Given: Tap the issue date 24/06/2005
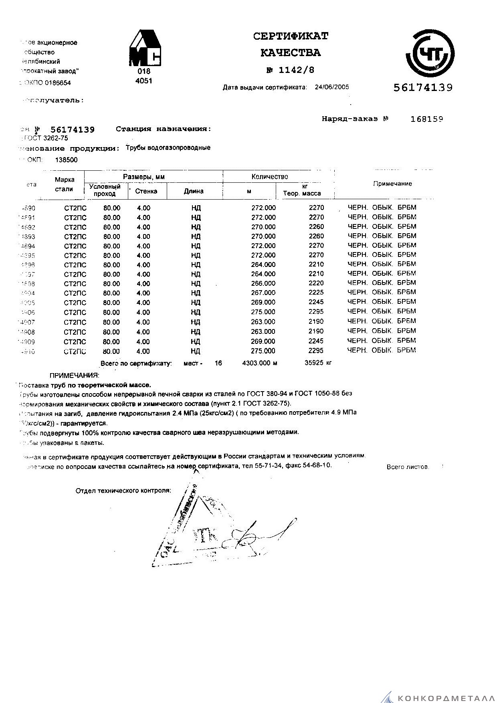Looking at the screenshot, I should coord(332,87).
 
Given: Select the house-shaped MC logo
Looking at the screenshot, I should coord(145,48).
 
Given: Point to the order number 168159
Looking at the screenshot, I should coord(427,119).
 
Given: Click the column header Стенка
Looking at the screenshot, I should coord(146,191).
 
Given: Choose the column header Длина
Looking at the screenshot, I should coord(194,191).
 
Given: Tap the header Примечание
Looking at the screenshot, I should coord(392,184).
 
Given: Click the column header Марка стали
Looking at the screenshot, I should coord(64,184).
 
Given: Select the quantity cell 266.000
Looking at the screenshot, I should coord(263,283).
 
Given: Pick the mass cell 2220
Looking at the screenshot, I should coord(316,283).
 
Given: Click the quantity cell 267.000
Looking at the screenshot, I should coord(263,293).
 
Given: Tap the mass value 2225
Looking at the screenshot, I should coord(316,293).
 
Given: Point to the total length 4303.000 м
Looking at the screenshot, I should coord(260,363).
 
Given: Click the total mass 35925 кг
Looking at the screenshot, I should coord(318,363).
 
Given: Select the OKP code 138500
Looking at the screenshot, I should coord(66,160).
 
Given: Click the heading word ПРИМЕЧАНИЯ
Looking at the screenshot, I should coord(74,376).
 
